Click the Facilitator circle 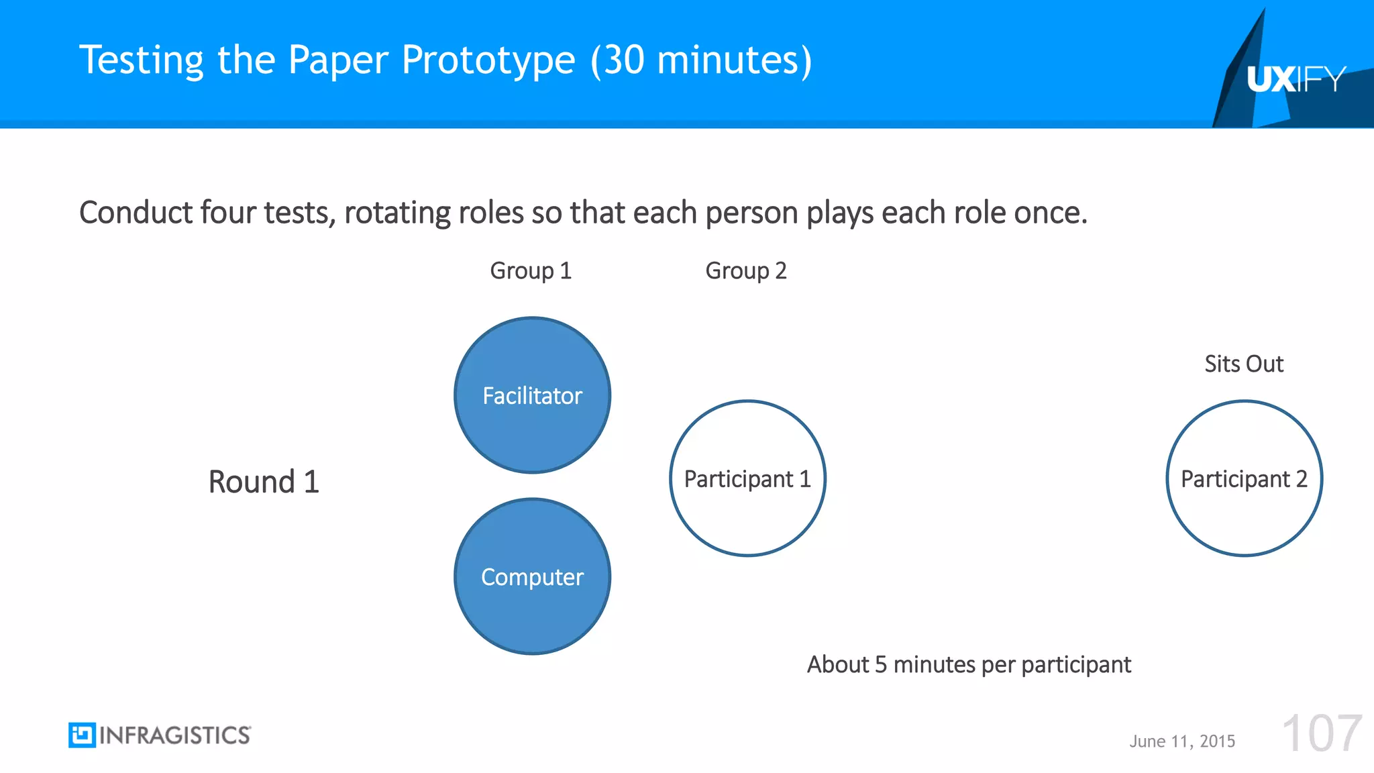pyautogui.click(x=532, y=395)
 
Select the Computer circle pyautogui.click(x=532, y=576)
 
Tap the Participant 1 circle pyautogui.click(x=747, y=478)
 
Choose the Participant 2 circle pyautogui.click(x=1244, y=478)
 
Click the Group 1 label pyautogui.click(x=530, y=270)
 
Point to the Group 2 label pyautogui.click(x=745, y=270)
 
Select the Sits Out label pyautogui.click(x=1243, y=364)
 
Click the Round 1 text pyautogui.click(x=264, y=482)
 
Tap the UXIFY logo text pyautogui.click(x=1296, y=79)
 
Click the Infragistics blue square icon pyautogui.click(x=82, y=735)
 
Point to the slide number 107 pyautogui.click(x=1321, y=734)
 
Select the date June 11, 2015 pyautogui.click(x=1181, y=741)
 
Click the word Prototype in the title pyautogui.click(x=488, y=60)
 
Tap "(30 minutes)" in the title pyautogui.click(x=701, y=60)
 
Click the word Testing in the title pyautogui.click(x=141, y=60)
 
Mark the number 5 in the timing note pyautogui.click(x=881, y=664)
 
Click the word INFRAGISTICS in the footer pyautogui.click(x=174, y=735)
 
